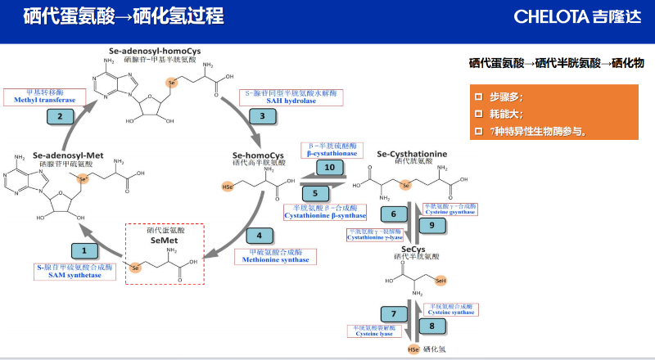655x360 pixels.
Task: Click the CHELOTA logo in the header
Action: click(x=580, y=16)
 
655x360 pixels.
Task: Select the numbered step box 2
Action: click(x=59, y=116)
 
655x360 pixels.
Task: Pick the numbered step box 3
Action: click(x=262, y=115)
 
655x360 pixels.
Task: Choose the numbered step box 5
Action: click(x=315, y=194)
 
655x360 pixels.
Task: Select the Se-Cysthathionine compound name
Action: click(x=411, y=153)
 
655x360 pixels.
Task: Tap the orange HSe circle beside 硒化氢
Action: click(x=414, y=350)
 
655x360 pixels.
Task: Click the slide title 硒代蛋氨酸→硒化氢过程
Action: click(x=124, y=16)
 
